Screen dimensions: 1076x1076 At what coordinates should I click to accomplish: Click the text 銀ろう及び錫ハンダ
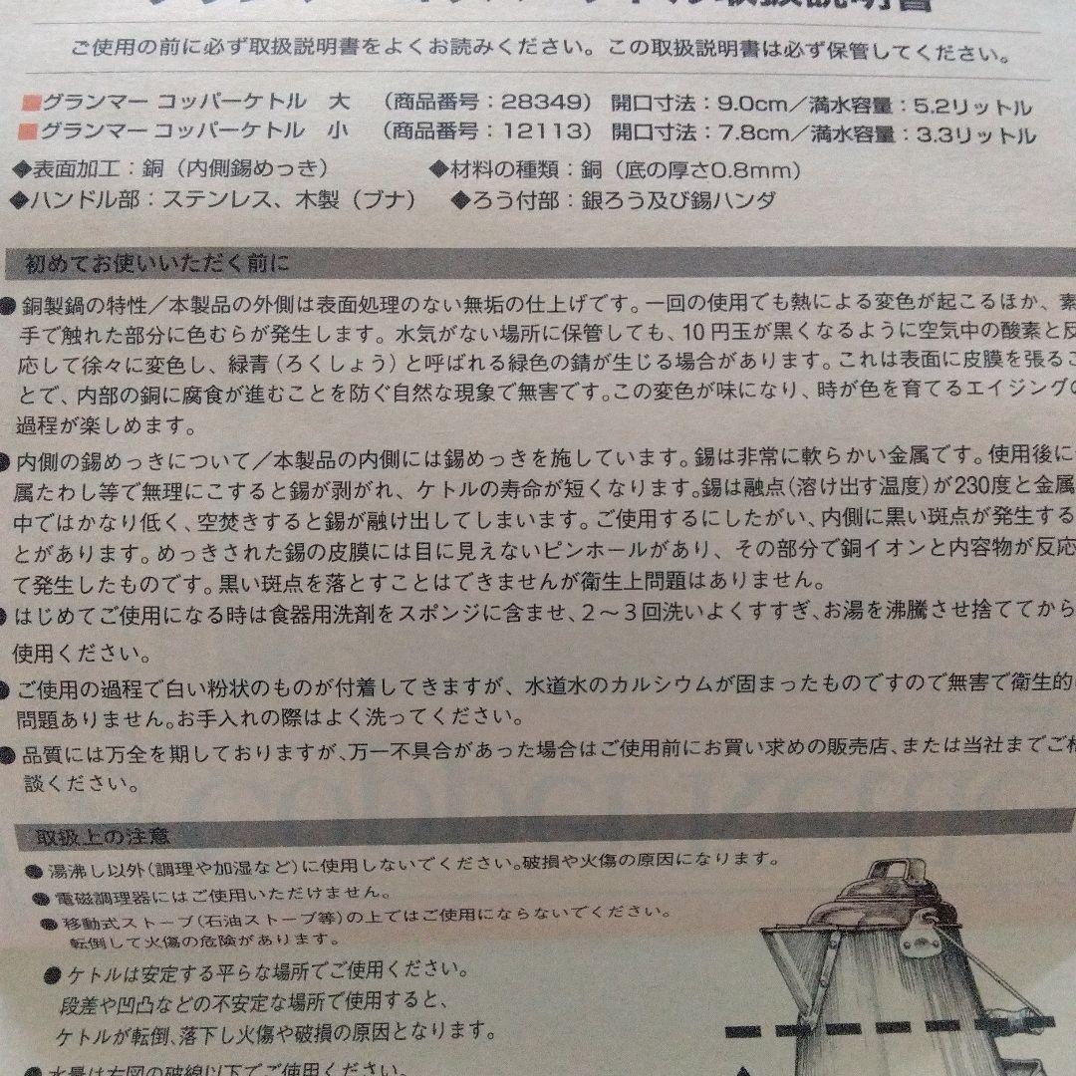pos(677,200)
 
